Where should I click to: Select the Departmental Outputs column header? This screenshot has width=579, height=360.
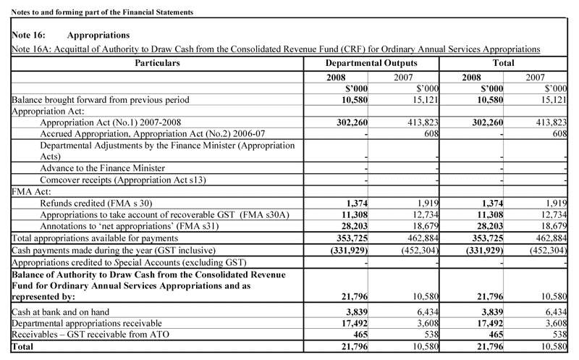click(x=372, y=63)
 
